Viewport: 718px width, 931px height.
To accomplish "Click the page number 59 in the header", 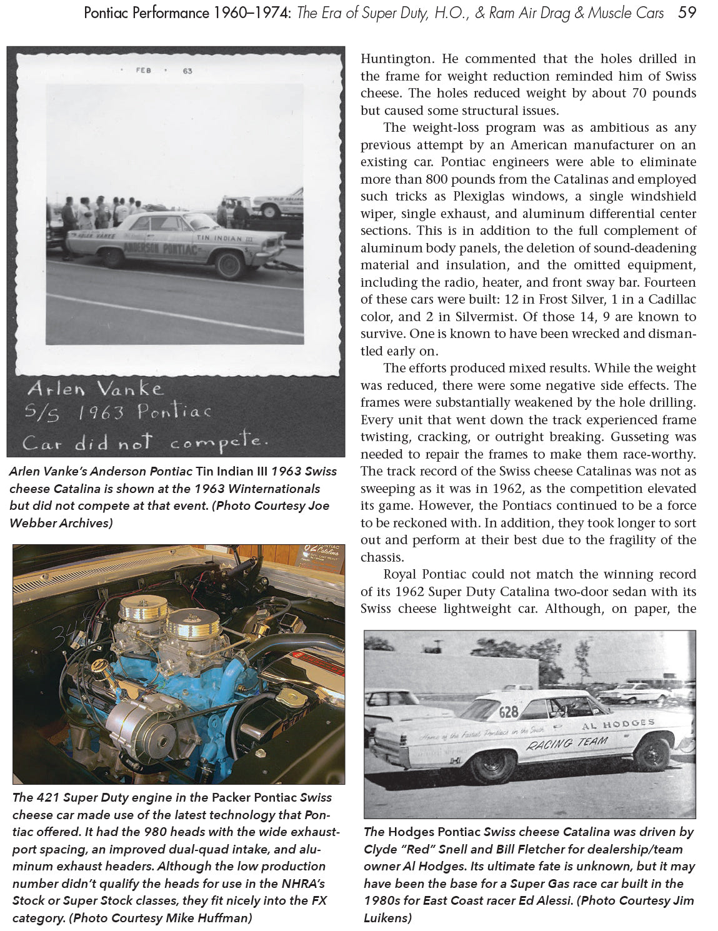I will [x=687, y=12].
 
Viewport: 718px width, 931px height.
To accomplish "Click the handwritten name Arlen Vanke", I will [x=95, y=389].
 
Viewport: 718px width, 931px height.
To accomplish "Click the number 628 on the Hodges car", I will [x=509, y=712].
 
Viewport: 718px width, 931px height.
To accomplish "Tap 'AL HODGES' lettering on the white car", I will [x=618, y=724].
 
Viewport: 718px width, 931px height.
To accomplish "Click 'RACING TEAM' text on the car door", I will [x=567, y=743].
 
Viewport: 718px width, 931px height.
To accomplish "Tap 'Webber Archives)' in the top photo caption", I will [x=61, y=523].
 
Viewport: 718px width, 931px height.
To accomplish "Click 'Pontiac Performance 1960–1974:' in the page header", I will [x=187, y=12].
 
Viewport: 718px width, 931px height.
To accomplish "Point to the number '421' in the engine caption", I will [x=48, y=797].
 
